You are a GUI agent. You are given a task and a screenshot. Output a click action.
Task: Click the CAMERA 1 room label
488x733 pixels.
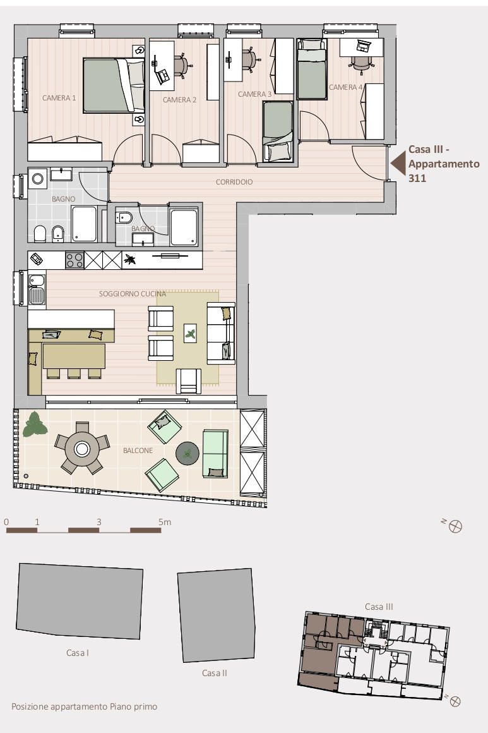pyautogui.click(x=59, y=98)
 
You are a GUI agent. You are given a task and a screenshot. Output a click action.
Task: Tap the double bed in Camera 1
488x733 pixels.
pyautogui.click(x=114, y=85)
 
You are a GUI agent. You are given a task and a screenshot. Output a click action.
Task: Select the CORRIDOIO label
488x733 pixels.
pyautogui.click(x=234, y=182)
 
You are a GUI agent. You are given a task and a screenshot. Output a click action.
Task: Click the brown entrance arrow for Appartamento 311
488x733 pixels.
pyautogui.click(x=397, y=164)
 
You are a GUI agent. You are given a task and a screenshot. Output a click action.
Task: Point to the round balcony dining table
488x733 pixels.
pyautogui.click(x=82, y=449)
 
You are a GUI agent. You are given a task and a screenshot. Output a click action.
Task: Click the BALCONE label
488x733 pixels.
pyautogui.click(x=138, y=451)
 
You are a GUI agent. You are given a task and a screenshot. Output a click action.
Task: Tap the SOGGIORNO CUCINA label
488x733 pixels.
pyautogui.click(x=133, y=294)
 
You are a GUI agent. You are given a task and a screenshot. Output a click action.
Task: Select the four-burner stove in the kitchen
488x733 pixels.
pyautogui.click(x=74, y=260)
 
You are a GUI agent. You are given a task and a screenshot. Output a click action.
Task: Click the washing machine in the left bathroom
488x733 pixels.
pyautogui.click(x=37, y=179)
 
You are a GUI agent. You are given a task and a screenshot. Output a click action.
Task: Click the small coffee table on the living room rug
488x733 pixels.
pyautogui.click(x=190, y=333)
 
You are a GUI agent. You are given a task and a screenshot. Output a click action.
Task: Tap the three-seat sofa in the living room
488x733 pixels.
pyautogui.click(x=221, y=333)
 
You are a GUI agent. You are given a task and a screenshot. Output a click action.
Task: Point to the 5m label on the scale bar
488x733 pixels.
pyautogui.click(x=165, y=522)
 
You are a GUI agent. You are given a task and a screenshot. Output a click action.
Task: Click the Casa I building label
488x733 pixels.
pyautogui.click(x=78, y=653)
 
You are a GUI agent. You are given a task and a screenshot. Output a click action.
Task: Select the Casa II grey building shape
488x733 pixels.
pyautogui.click(x=216, y=615)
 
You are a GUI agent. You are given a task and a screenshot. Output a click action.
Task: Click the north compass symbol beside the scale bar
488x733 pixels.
pyautogui.click(x=455, y=527)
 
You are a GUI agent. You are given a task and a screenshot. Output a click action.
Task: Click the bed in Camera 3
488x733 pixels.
pyautogui.click(x=278, y=131)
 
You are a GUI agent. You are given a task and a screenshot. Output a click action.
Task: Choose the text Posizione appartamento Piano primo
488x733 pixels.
pyautogui.click(x=84, y=706)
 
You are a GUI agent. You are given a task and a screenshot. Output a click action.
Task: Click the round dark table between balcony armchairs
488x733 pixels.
pyautogui.click(x=187, y=454)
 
